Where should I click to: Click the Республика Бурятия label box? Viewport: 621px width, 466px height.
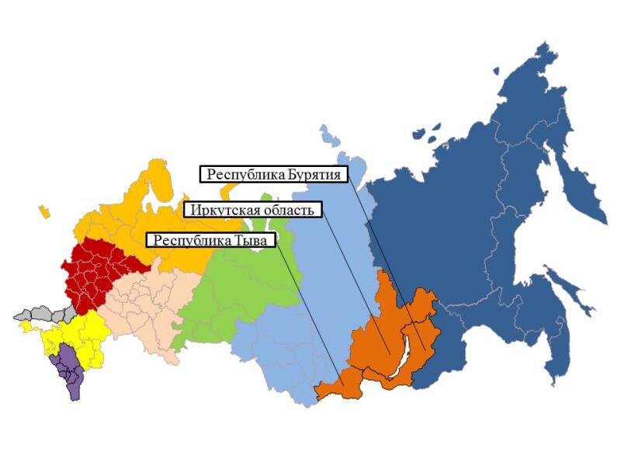pos(274,174)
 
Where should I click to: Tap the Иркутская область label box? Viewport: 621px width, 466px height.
pos(253,210)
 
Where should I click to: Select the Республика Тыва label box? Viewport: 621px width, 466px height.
pos(210,240)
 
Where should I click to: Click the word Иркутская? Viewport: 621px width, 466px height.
pos(220,210)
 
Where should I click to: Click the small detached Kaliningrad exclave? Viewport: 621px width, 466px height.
pos(45,210)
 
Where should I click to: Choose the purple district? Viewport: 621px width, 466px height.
pos(69,373)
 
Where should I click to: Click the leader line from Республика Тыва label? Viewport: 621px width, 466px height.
pos(307,311)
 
